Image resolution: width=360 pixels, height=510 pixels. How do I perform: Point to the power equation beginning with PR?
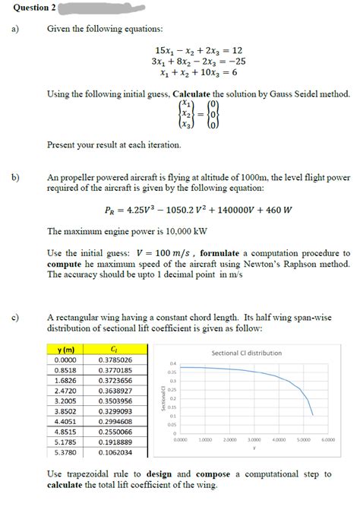click(x=199, y=211)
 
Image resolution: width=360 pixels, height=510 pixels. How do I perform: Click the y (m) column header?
click(x=65, y=349)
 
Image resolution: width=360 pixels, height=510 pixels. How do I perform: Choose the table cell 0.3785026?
click(x=115, y=359)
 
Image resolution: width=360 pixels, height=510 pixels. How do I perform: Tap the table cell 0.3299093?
click(x=115, y=410)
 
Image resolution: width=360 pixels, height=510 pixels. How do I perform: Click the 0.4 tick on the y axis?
click(x=172, y=364)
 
